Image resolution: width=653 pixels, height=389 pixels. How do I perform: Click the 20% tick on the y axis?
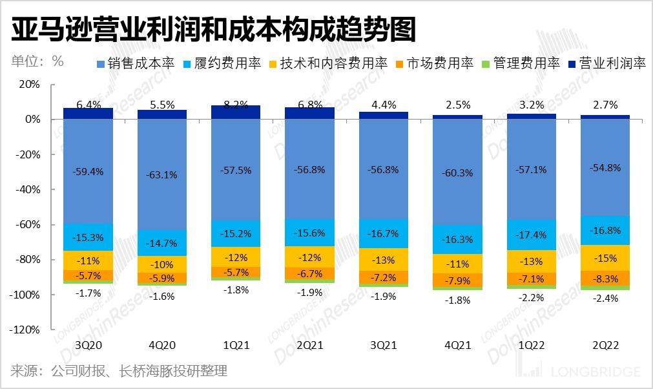pos(29,85)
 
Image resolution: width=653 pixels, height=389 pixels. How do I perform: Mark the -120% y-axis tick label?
pos(25,330)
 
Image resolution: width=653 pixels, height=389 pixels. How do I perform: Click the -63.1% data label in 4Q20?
pos(162,174)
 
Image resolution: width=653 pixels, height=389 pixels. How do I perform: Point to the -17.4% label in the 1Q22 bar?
pos(531,234)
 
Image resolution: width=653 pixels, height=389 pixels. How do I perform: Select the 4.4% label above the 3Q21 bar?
pos(384,104)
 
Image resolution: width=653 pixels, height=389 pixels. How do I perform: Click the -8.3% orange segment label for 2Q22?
pos(605,279)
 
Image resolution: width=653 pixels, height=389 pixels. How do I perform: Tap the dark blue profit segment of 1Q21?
pos(236,112)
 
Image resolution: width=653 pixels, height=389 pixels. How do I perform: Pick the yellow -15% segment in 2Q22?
pos(605,258)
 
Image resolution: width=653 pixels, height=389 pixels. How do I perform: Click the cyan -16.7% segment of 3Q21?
pos(384,233)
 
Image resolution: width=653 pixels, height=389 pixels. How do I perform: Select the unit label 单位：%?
pos(37,62)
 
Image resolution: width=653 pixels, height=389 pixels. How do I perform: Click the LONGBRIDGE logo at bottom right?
pos(581,371)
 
